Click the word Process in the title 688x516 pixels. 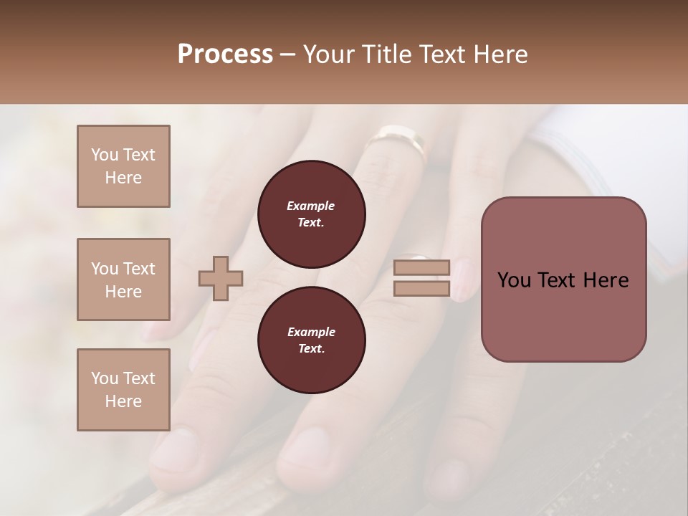[x=225, y=54]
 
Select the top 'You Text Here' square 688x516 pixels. [x=123, y=166]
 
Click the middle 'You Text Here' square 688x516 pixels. [x=123, y=279]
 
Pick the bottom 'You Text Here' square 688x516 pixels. [x=123, y=390]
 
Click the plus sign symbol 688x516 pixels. [x=221, y=278]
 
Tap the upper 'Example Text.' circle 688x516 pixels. [x=311, y=214]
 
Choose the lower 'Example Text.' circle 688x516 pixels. [x=311, y=340]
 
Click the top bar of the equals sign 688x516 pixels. [x=421, y=267]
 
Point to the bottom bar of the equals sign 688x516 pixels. [x=421, y=289]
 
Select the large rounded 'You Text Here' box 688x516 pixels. [x=563, y=279]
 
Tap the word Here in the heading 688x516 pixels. [x=501, y=54]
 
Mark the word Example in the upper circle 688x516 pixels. [x=311, y=206]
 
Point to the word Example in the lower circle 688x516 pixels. [x=311, y=332]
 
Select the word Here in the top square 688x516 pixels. [x=123, y=178]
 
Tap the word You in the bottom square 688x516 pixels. [x=103, y=378]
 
